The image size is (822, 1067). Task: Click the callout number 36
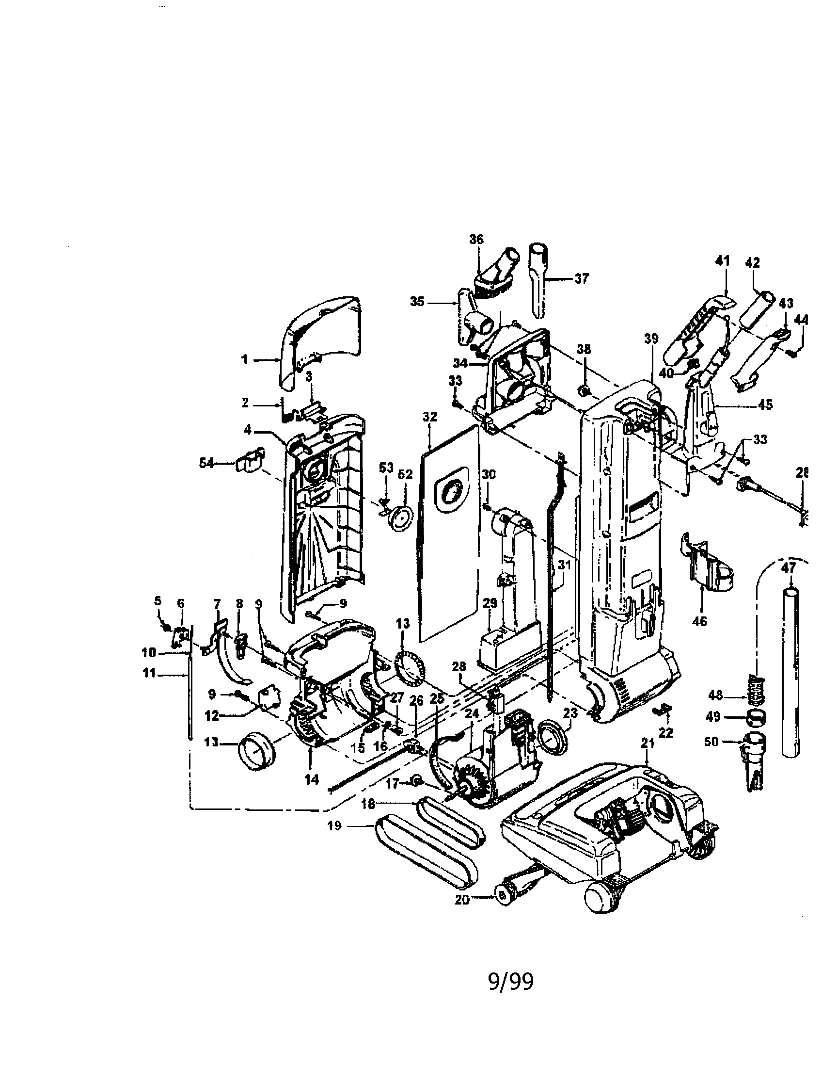click(x=476, y=240)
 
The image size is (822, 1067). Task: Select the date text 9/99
click(x=510, y=982)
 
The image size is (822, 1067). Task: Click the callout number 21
click(x=647, y=743)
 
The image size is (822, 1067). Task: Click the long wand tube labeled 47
click(x=791, y=674)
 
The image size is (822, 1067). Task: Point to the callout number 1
click(x=245, y=360)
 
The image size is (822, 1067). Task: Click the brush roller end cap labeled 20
click(x=503, y=895)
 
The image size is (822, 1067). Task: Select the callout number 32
click(x=430, y=417)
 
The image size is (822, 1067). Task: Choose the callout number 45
click(x=766, y=404)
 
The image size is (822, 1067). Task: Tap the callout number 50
click(x=711, y=742)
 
